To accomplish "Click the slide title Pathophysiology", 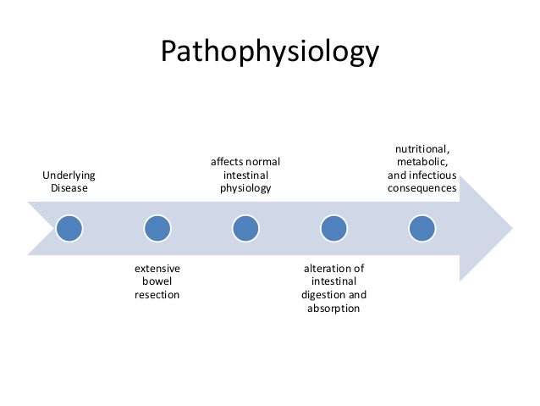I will pyautogui.click(x=270, y=52).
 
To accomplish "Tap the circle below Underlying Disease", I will pyautogui.click(x=69, y=228).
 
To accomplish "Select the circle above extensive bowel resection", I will pyautogui.click(x=157, y=228).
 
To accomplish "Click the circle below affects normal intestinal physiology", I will pyautogui.click(x=245, y=228).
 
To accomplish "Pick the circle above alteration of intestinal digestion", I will pyautogui.click(x=333, y=228).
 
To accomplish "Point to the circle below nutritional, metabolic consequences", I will pyautogui.click(x=422, y=228).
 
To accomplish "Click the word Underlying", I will pyautogui.click(x=69, y=175).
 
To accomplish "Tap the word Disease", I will pyautogui.click(x=69, y=187).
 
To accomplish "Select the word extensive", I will pyautogui.click(x=157, y=269).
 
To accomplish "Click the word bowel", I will pyautogui.click(x=157, y=281).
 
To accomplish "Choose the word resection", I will pyautogui.click(x=157, y=295).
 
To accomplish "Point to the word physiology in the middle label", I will pyautogui.click(x=245, y=188).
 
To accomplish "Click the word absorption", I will pyautogui.click(x=333, y=309).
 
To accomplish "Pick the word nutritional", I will pyautogui.click(x=422, y=148).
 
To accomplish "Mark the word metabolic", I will pyautogui.click(x=422, y=161).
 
